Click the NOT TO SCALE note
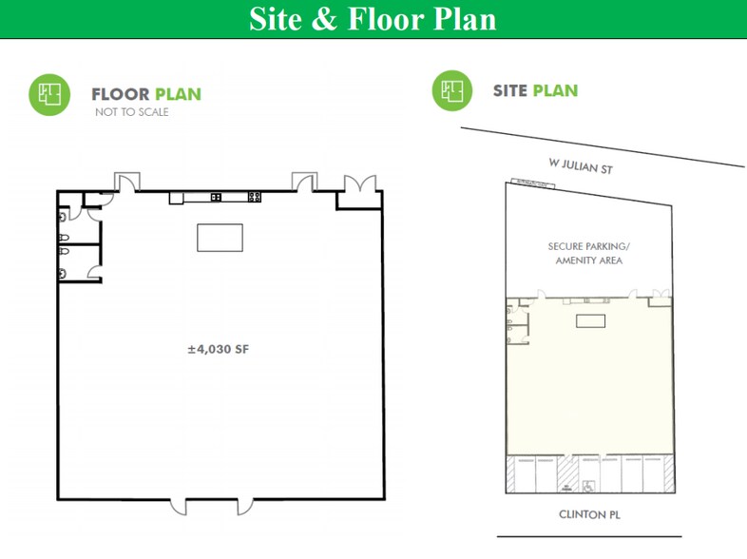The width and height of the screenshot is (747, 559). pos(131,112)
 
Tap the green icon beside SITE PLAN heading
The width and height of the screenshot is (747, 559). pos(452,91)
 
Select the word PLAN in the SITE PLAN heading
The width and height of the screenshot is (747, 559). pos(555,91)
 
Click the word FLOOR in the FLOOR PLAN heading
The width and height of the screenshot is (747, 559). pos(120,94)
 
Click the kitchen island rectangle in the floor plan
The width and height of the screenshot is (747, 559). pos(220,238)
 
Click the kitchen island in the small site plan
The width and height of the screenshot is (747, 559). pos(590,321)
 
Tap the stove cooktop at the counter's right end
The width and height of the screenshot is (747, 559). pos(255,197)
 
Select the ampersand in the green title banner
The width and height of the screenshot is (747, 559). pos(323,19)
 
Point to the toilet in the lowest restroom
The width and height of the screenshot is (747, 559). pos(63,274)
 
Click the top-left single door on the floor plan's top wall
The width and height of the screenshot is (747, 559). pos(126,181)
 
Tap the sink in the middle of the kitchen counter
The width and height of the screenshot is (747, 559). pos(216,197)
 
